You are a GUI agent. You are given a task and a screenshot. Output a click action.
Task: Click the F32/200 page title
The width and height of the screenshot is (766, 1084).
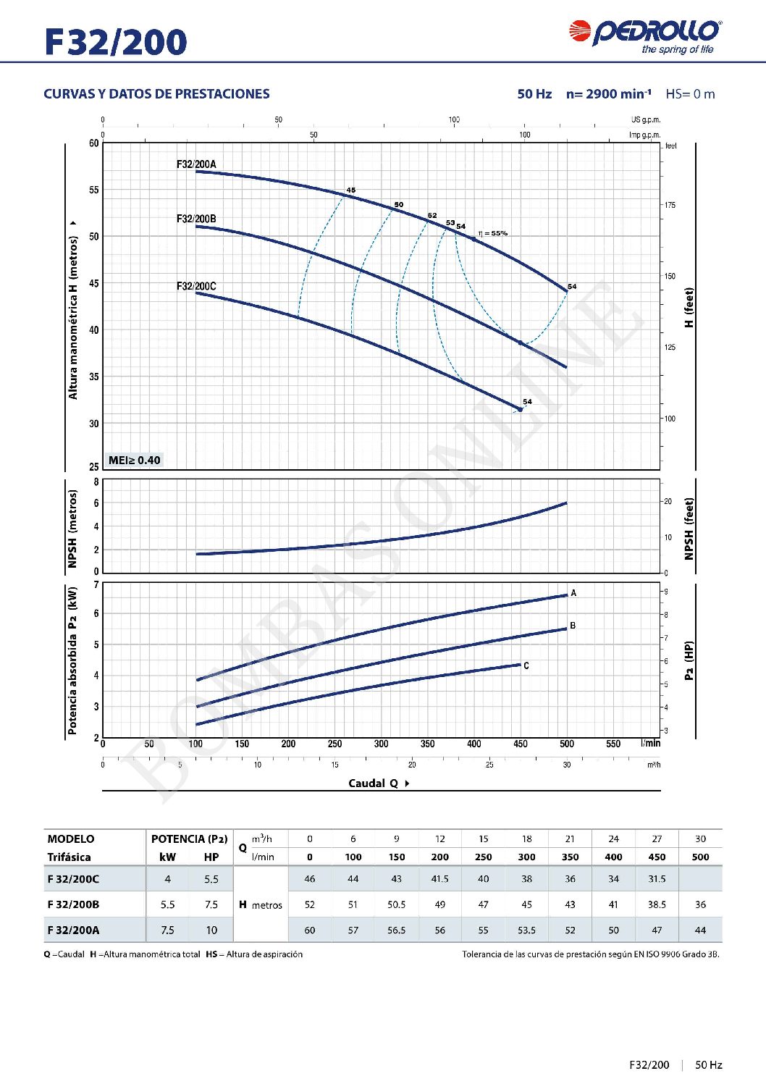click(x=116, y=42)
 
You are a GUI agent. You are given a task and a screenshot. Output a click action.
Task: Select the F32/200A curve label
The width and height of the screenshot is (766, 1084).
click(x=196, y=164)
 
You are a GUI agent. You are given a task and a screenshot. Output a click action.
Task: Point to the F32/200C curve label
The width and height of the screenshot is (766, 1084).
click(x=196, y=286)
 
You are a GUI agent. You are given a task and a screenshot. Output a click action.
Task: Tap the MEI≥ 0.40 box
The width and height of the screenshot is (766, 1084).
click(x=134, y=460)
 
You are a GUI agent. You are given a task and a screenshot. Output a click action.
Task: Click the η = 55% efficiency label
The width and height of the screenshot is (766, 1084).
click(x=493, y=233)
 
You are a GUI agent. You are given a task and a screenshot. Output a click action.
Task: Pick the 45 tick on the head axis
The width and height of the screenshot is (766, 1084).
click(x=94, y=283)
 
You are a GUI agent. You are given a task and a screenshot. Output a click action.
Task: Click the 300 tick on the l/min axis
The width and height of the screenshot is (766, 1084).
click(x=381, y=744)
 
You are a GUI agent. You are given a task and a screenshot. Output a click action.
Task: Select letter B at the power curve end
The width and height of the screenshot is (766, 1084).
click(x=573, y=626)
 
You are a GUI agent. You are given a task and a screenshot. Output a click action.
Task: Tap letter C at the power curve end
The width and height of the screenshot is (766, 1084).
click(x=526, y=665)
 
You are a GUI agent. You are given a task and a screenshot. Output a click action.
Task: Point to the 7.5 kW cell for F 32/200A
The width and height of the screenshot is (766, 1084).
click(x=167, y=930)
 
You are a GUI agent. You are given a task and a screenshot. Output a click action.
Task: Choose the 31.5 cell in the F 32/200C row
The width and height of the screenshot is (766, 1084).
click(x=657, y=878)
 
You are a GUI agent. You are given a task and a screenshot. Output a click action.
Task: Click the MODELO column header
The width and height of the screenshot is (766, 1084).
click(x=71, y=839)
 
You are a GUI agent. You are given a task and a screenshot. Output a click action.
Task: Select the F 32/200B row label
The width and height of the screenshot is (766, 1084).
click(x=73, y=904)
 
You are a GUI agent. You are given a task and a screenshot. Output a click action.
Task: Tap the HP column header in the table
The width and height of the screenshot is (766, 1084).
click(x=211, y=857)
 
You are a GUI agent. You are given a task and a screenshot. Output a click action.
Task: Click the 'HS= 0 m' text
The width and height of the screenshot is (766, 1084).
click(x=690, y=94)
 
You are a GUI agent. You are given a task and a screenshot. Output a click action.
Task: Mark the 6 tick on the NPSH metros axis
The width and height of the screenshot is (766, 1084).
click(x=96, y=503)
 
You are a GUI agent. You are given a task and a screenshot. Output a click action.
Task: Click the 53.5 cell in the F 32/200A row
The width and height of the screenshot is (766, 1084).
click(x=526, y=930)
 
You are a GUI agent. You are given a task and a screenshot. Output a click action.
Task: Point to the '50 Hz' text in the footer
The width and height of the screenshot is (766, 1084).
click(x=709, y=1064)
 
